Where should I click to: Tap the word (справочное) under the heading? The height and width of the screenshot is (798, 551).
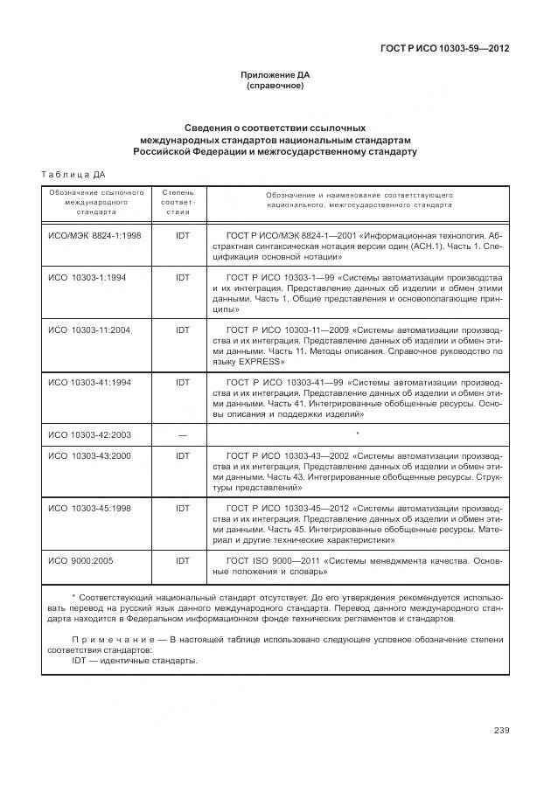[x=275, y=86]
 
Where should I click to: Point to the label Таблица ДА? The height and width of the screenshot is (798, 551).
[x=73, y=174]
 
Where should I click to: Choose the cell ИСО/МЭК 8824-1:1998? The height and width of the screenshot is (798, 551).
[x=94, y=235]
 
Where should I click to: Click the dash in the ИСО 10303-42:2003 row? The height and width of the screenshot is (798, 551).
[x=182, y=434]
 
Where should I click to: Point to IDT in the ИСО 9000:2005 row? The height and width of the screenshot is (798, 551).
[x=182, y=560]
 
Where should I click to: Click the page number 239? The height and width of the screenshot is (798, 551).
[x=501, y=730]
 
